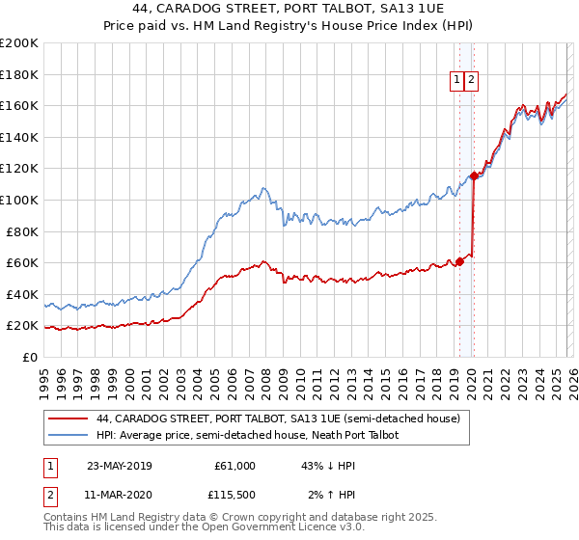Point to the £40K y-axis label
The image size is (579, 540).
click(21, 294)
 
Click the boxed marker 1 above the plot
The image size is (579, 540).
click(455, 81)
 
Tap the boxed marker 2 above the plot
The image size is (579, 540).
click(471, 81)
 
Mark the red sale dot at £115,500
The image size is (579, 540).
click(474, 175)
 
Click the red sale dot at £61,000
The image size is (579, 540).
click(459, 261)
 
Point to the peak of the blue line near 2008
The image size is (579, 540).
click(262, 187)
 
